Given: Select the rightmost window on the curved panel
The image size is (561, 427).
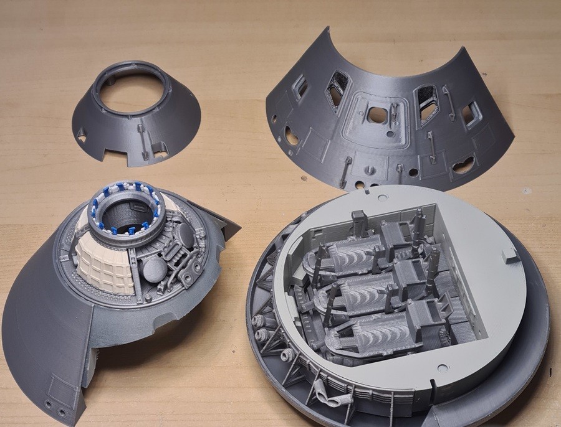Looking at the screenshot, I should (472, 114).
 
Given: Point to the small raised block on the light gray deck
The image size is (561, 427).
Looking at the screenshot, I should (509, 255).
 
